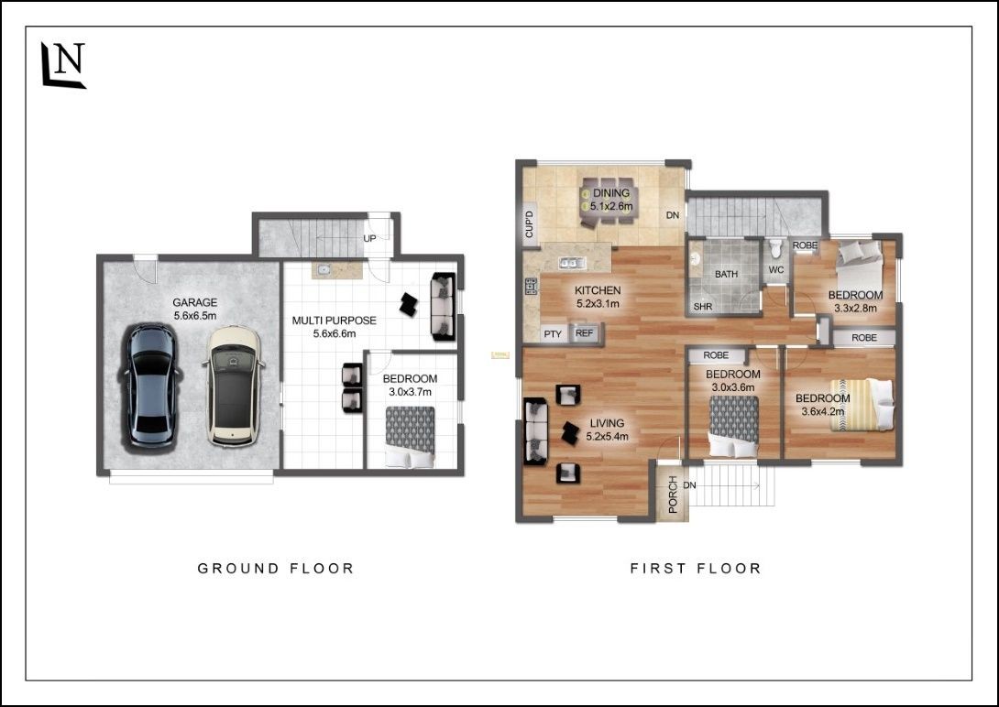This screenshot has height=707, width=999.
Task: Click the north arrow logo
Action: coord(63,65)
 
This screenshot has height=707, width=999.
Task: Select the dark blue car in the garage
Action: coord(149,386)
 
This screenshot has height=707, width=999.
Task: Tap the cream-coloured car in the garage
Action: coord(233,386)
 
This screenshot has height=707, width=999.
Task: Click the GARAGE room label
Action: coord(195,303)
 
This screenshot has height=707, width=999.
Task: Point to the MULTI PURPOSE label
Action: coord(334,321)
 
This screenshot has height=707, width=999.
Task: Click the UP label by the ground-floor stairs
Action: coord(369,239)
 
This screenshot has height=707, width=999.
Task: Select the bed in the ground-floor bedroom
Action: coord(410,437)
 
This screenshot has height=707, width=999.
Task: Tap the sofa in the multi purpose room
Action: coord(444,306)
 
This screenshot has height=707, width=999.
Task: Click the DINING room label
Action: coord(611,193)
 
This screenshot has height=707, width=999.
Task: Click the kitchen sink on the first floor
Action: coord(571,262)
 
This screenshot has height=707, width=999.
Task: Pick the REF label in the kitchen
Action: coord(584,332)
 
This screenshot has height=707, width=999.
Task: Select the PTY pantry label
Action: coord(553,334)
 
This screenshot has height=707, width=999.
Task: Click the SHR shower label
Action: coord(703,307)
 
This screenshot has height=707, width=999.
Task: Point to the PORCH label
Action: coord(673,495)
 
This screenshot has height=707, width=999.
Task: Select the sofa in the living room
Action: coord(535,431)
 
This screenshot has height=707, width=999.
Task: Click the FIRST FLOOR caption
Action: coord(696,569)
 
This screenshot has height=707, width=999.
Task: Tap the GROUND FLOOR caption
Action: coord(275,569)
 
